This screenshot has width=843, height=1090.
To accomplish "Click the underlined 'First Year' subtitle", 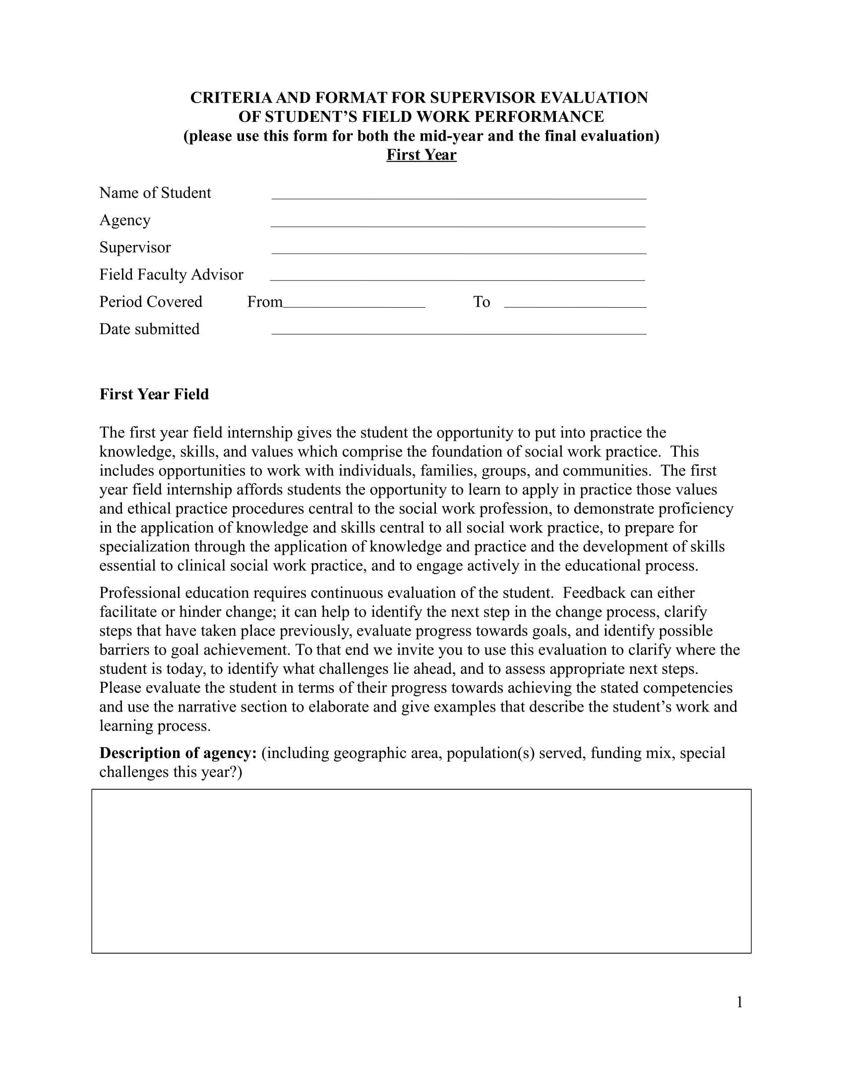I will (x=421, y=155).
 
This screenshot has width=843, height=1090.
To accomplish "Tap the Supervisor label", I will (x=135, y=248).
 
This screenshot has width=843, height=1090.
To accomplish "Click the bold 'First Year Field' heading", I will (x=154, y=394).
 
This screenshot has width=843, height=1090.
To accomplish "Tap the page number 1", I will (x=739, y=1002).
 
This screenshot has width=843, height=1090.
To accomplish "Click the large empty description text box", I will (x=421, y=871).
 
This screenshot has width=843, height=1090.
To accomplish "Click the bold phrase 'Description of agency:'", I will (x=178, y=753).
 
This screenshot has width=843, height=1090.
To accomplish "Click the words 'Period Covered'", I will (x=150, y=302).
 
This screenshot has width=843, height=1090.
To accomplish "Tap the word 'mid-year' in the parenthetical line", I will (x=451, y=136).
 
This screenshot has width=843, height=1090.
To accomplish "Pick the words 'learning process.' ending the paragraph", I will (x=155, y=726).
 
